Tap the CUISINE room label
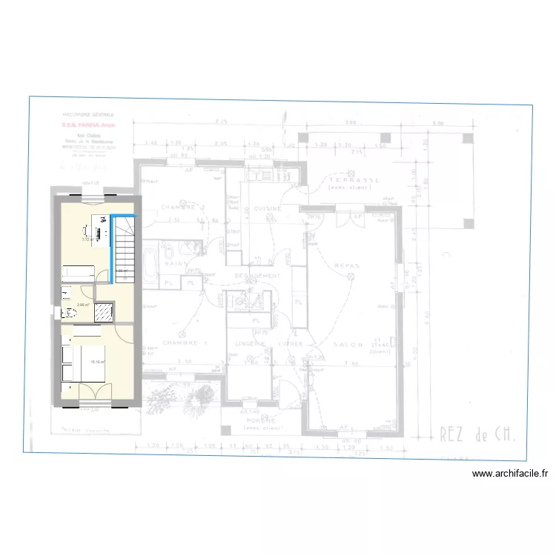(x=267, y=209)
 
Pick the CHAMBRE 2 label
(x=182, y=206)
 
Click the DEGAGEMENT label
(x=257, y=275)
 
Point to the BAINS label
(x=175, y=263)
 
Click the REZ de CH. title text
(x=471, y=433)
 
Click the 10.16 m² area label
(x=97, y=362)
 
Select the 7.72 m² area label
(x=86, y=239)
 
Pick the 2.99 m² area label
(x=82, y=304)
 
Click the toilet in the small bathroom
(x=67, y=311)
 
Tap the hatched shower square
(x=105, y=311)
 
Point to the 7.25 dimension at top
(x=220, y=121)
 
